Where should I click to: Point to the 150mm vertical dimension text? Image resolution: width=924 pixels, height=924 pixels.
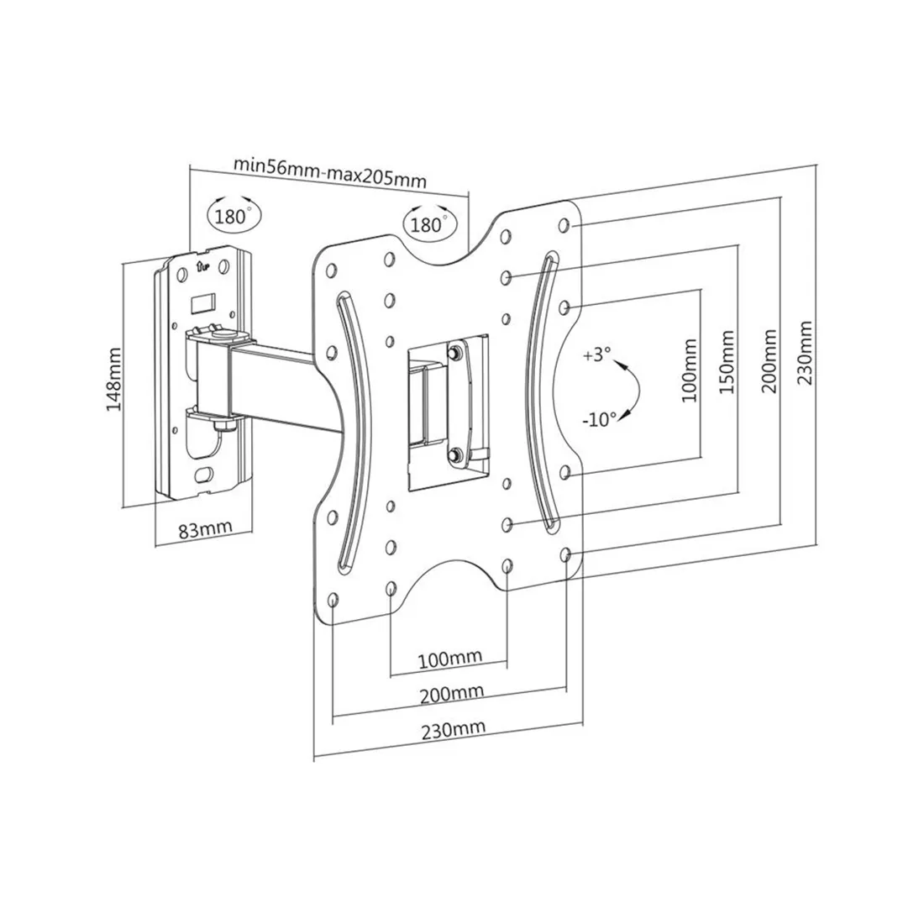pos(727,365)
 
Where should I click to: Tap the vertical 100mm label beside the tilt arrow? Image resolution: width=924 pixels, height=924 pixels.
pos(690,370)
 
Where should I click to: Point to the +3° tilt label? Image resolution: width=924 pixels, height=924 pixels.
pos(593,355)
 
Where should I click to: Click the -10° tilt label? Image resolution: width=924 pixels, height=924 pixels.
pos(599,417)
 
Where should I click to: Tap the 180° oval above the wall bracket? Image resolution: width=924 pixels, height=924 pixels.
pos(233,214)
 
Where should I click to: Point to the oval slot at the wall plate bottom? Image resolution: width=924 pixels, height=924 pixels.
pos(202,475)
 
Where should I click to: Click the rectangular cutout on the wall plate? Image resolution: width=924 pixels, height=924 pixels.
pos(203,298)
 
